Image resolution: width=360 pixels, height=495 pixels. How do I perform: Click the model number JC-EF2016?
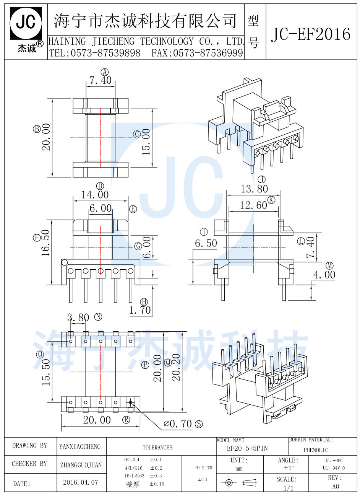point(310,35)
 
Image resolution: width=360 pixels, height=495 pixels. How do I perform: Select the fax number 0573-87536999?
point(208,53)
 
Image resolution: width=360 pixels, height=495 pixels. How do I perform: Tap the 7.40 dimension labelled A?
point(101,80)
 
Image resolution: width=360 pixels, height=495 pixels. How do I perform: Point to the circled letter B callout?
point(37,129)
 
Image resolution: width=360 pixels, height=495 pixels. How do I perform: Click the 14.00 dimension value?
point(95,195)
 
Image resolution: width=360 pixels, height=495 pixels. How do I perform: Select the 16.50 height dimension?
point(46,243)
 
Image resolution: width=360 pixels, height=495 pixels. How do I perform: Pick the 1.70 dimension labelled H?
point(140,310)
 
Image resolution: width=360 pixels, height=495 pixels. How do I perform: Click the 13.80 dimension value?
point(254,189)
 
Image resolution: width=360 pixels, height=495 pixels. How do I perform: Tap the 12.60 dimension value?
point(253,205)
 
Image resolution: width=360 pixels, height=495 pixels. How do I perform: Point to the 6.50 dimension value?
point(206,243)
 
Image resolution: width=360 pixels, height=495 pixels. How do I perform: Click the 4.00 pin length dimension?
point(324,275)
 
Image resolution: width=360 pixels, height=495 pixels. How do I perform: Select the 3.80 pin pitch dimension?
point(78,318)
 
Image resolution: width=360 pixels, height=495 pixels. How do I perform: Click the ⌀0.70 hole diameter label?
point(178,424)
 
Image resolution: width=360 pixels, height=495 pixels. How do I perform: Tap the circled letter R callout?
point(126,420)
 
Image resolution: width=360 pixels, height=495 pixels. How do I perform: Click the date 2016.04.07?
point(80,482)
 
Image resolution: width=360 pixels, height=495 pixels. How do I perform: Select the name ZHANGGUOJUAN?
point(81,465)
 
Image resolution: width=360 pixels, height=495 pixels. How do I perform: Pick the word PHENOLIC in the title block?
point(316,450)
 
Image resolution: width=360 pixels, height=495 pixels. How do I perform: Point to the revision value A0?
point(335,487)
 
